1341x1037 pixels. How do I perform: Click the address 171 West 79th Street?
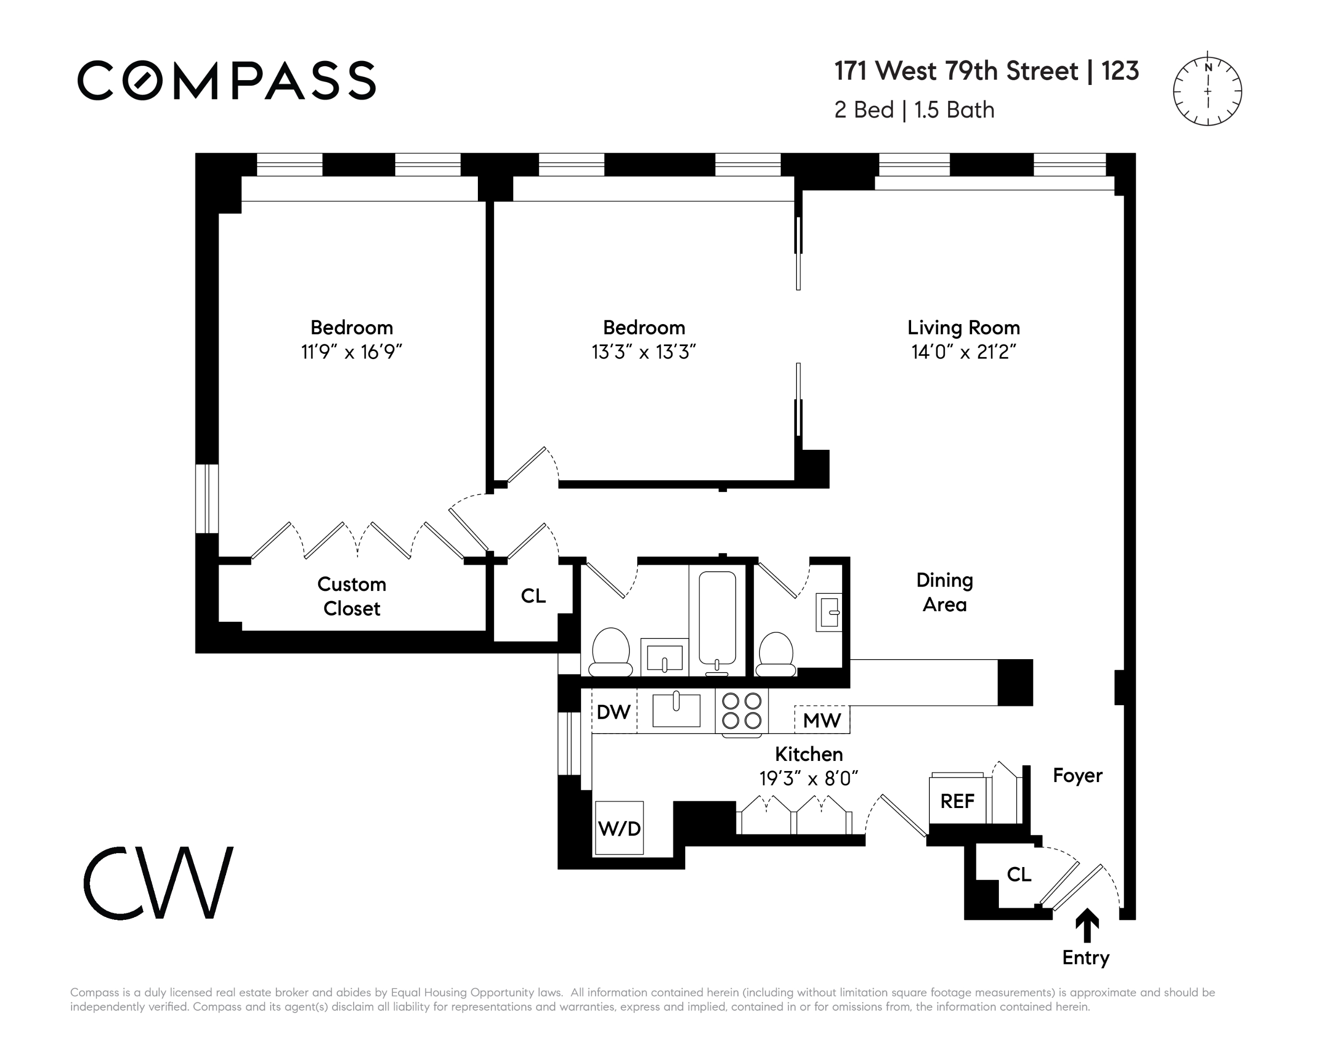(x=956, y=71)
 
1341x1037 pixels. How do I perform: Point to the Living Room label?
(x=963, y=327)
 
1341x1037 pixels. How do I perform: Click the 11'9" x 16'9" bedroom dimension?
(x=351, y=352)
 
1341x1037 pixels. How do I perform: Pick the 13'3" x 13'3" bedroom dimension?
(x=643, y=352)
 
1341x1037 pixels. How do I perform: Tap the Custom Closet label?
(x=352, y=596)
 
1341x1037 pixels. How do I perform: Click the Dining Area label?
(x=944, y=592)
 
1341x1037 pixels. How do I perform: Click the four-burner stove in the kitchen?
(x=741, y=711)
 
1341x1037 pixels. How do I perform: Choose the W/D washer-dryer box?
(x=619, y=828)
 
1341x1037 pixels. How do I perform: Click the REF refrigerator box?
(x=957, y=800)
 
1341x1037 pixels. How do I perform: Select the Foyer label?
(x=1078, y=776)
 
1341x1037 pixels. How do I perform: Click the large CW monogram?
(x=158, y=883)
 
